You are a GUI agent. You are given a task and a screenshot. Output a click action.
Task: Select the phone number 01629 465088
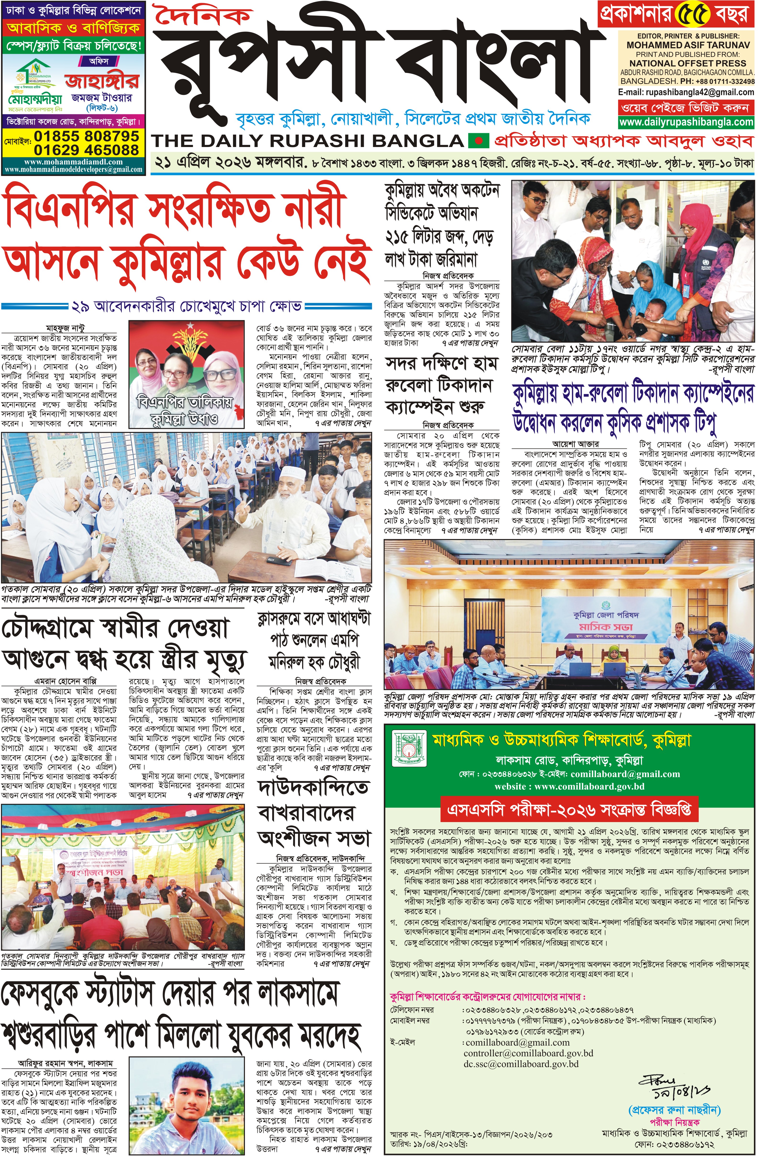[x=86, y=150]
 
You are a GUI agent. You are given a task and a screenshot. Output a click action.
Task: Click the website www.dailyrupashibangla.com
[x=686, y=122]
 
